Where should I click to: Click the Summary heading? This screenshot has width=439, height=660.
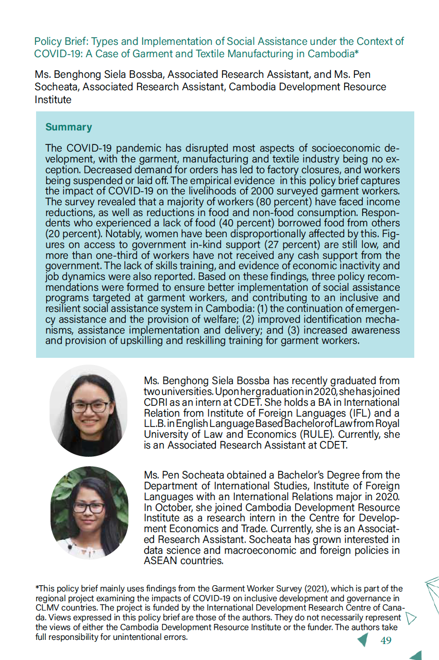coord(69,127)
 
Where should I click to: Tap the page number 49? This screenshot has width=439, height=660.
coord(385,641)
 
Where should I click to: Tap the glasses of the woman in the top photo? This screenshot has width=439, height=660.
coord(90,407)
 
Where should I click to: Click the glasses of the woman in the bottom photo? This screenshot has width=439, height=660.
coord(89,508)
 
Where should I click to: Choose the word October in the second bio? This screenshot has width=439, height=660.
coord(172,507)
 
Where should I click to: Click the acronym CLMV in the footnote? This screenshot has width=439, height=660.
coord(48,608)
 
